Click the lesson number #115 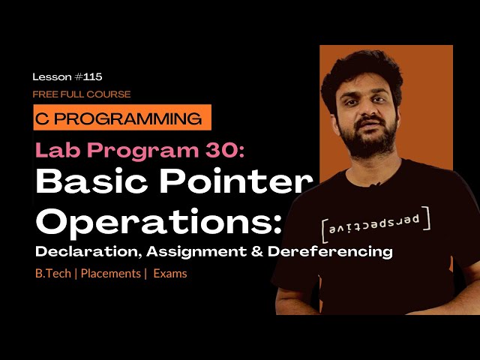tap(88, 76)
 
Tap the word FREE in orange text tap(44, 94)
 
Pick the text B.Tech tap(52, 274)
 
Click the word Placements tap(109, 274)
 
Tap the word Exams tap(170, 274)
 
